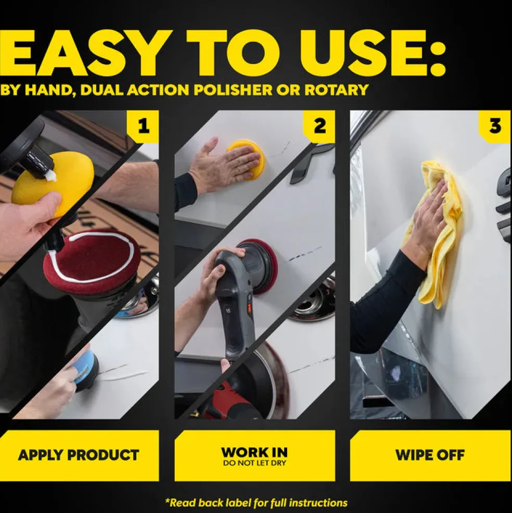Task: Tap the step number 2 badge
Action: (x=320, y=127)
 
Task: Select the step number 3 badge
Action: (x=495, y=127)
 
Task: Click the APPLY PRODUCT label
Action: (x=79, y=455)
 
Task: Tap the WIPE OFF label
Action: (x=430, y=455)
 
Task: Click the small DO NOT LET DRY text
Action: (x=254, y=463)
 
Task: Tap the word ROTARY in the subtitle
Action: (x=336, y=90)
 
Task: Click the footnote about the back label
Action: (x=256, y=503)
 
